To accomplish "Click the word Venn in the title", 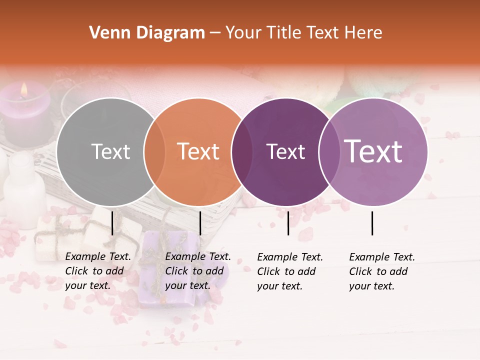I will click(x=106, y=33).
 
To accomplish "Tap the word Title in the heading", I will click(x=283, y=33).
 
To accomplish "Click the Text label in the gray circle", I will click(x=110, y=151).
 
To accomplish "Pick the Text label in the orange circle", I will click(x=198, y=151).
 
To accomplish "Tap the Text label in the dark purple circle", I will click(x=285, y=151).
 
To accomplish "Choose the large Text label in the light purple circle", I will click(x=373, y=151).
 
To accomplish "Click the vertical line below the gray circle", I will click(x=112, y=223).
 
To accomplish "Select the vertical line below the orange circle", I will click(x=200, y=223).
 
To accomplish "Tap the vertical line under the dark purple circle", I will click(x=288, y=223).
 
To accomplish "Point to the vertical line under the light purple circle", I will click(x=372, y=223).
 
